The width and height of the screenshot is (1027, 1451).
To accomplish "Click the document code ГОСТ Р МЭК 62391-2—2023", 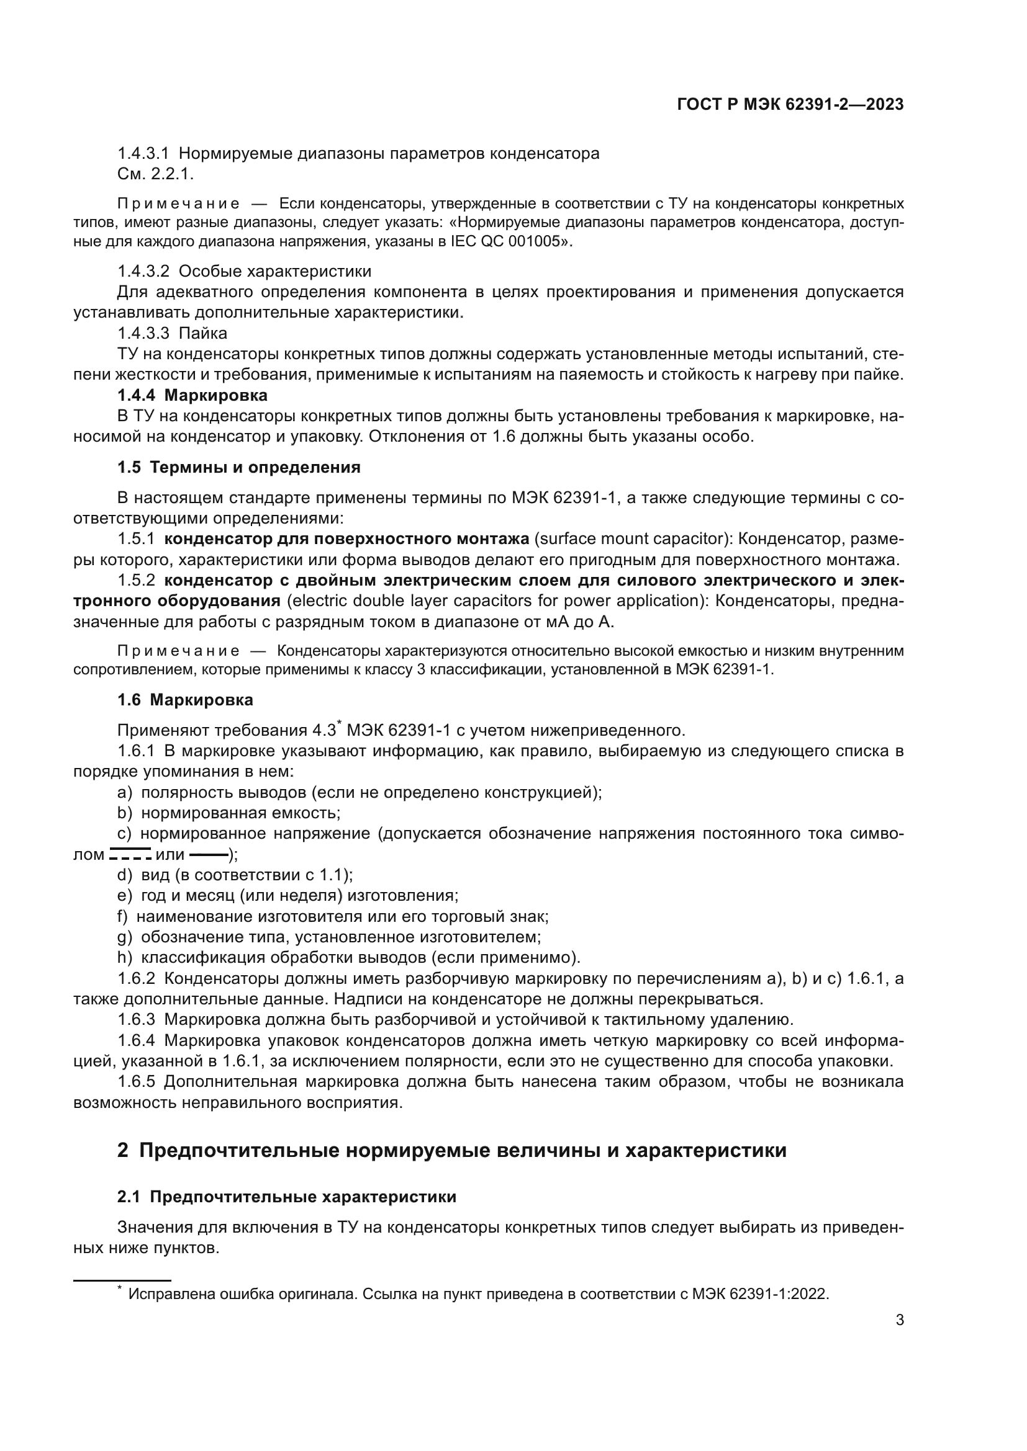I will (x=790, y=104).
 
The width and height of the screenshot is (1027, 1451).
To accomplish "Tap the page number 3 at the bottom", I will (x=899, y=1320).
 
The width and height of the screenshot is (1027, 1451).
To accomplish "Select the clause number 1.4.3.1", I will (x=143, y=154).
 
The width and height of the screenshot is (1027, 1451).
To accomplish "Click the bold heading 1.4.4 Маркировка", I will (x=192, y=396).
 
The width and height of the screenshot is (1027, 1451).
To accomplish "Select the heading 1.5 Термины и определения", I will (x=238, y=468).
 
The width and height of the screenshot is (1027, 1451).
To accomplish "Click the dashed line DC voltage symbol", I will (x=130, y=854).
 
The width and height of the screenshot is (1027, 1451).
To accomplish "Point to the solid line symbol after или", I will (x=209, y=854).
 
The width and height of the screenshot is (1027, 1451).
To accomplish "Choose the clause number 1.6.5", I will (x=136, y=1082).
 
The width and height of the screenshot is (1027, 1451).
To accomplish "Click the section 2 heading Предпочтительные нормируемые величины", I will (x=451, y=1150).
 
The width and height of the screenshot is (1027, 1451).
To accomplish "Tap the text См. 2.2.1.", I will (x=156, y=174).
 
